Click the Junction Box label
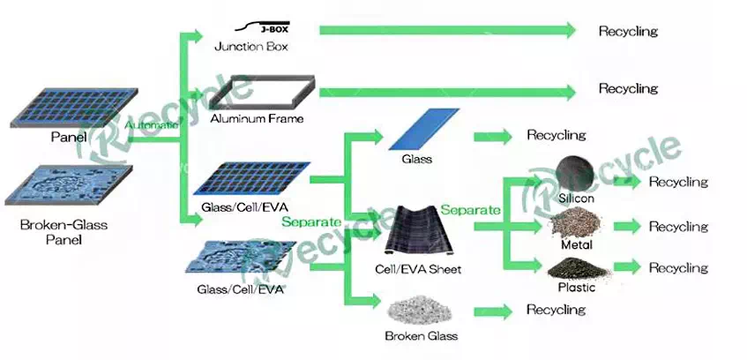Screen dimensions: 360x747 (251, 47)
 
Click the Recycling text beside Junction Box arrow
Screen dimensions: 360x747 (628, 32)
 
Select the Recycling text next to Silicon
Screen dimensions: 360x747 (678, 183)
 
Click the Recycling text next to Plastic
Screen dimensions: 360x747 (678, 267)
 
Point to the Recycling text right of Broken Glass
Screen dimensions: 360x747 (556, 310)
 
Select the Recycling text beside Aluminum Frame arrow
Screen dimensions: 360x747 (628, 89)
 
